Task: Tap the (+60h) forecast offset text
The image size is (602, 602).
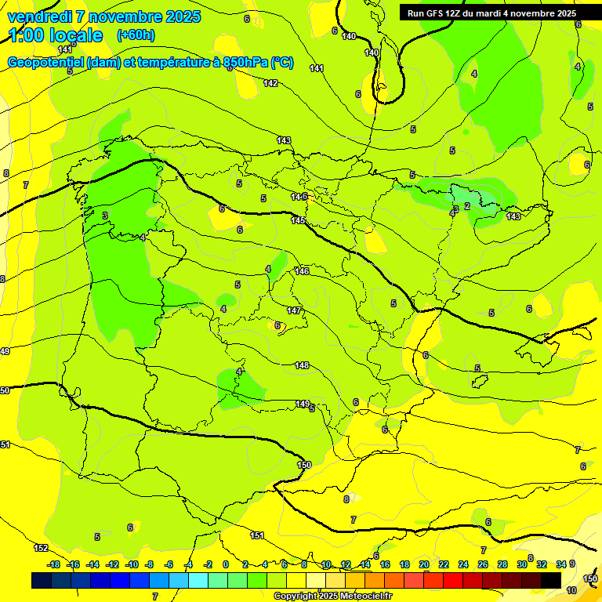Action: (x=136, y=34)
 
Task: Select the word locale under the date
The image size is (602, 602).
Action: (x=75, y=35)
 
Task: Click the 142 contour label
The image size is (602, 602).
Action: (x=270, y=83)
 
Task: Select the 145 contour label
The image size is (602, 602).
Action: (x=299, y=220)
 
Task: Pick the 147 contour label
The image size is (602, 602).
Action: (x=294, y=310)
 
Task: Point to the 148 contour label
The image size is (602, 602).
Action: (x=302, y=365)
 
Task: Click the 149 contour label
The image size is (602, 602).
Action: (x=302, y=404)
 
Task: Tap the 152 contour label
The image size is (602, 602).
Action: (x=42, y=548)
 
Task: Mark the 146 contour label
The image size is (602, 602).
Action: (x=302, y=271)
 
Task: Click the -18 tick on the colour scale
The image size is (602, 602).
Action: (x=53, y=564)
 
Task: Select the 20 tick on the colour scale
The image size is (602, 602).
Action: (x=424, y=564)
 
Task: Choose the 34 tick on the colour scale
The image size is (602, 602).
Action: (x=560, y=564)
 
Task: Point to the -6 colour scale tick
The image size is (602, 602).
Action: (x=169, y=564)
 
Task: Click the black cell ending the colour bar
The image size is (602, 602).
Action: (x=551, y=580)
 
